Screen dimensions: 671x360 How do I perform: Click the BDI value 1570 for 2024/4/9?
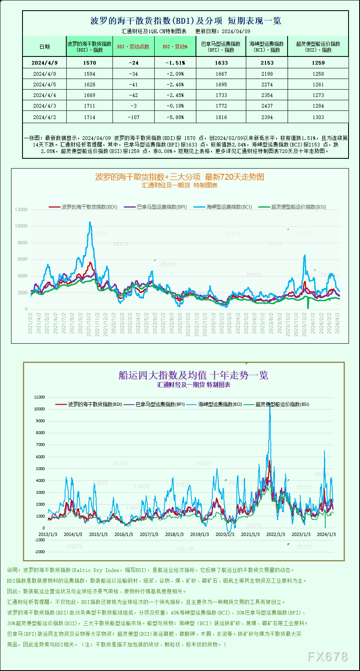[90, 63]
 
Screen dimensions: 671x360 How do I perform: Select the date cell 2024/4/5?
[45, 85]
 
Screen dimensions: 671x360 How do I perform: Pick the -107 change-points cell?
[133, 117]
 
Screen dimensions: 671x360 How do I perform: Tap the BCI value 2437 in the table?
[267, 106]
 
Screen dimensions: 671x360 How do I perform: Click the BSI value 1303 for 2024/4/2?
[318, 117]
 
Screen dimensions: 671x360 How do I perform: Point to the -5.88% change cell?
[175, 117]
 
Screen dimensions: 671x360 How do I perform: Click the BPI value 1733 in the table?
[221, 95]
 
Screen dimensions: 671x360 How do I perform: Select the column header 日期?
[45, 47]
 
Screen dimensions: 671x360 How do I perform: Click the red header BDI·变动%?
[175, 47]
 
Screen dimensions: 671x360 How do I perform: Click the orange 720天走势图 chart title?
[180, 177]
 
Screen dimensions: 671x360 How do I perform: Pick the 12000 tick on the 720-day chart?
[21, 209]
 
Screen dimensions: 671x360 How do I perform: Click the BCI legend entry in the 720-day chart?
[223, 207]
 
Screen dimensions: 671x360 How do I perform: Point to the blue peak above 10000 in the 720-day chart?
[90, 223]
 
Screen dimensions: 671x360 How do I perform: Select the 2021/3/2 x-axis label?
[30, 323]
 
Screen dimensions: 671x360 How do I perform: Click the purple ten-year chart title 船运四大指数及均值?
[193, 375]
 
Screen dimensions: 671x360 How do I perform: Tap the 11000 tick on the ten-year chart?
[40, 397]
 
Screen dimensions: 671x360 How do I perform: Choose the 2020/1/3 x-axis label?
[225, 534]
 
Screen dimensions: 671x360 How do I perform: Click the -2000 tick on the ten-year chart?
[40, 552]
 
